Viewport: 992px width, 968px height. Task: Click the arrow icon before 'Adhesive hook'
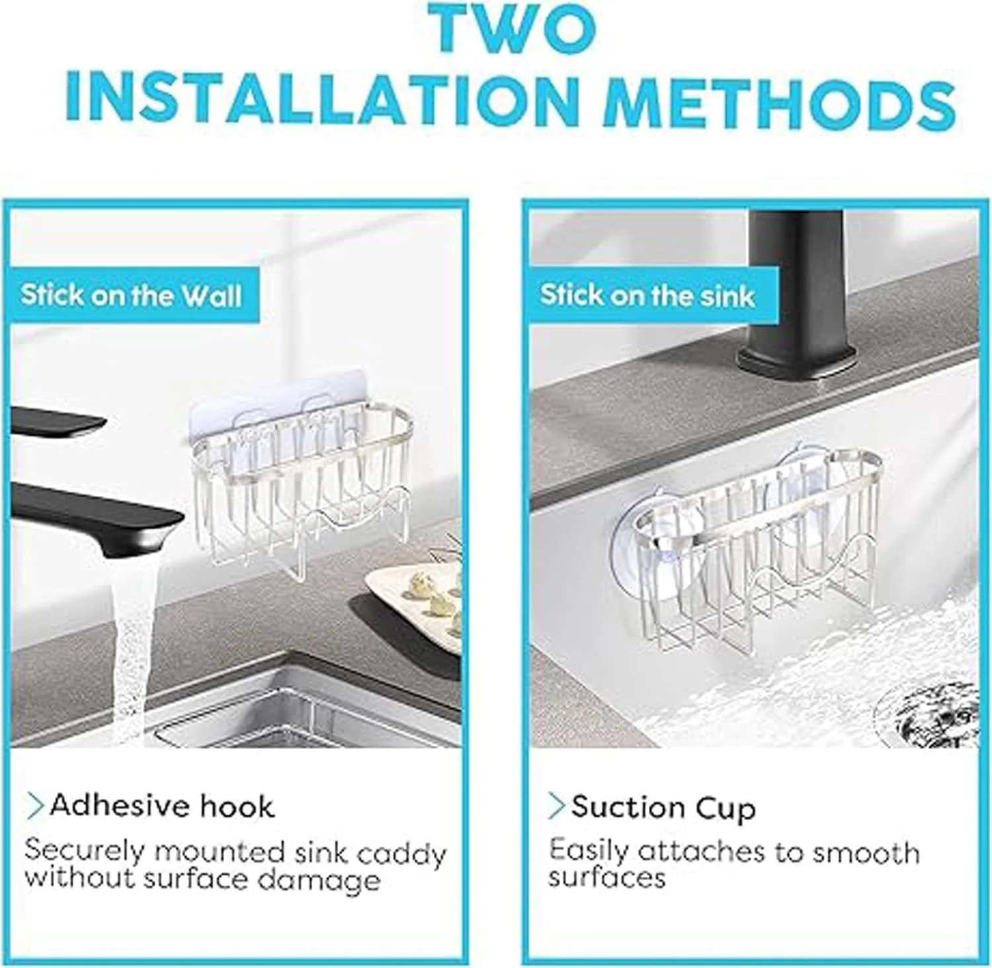[35, 806]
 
